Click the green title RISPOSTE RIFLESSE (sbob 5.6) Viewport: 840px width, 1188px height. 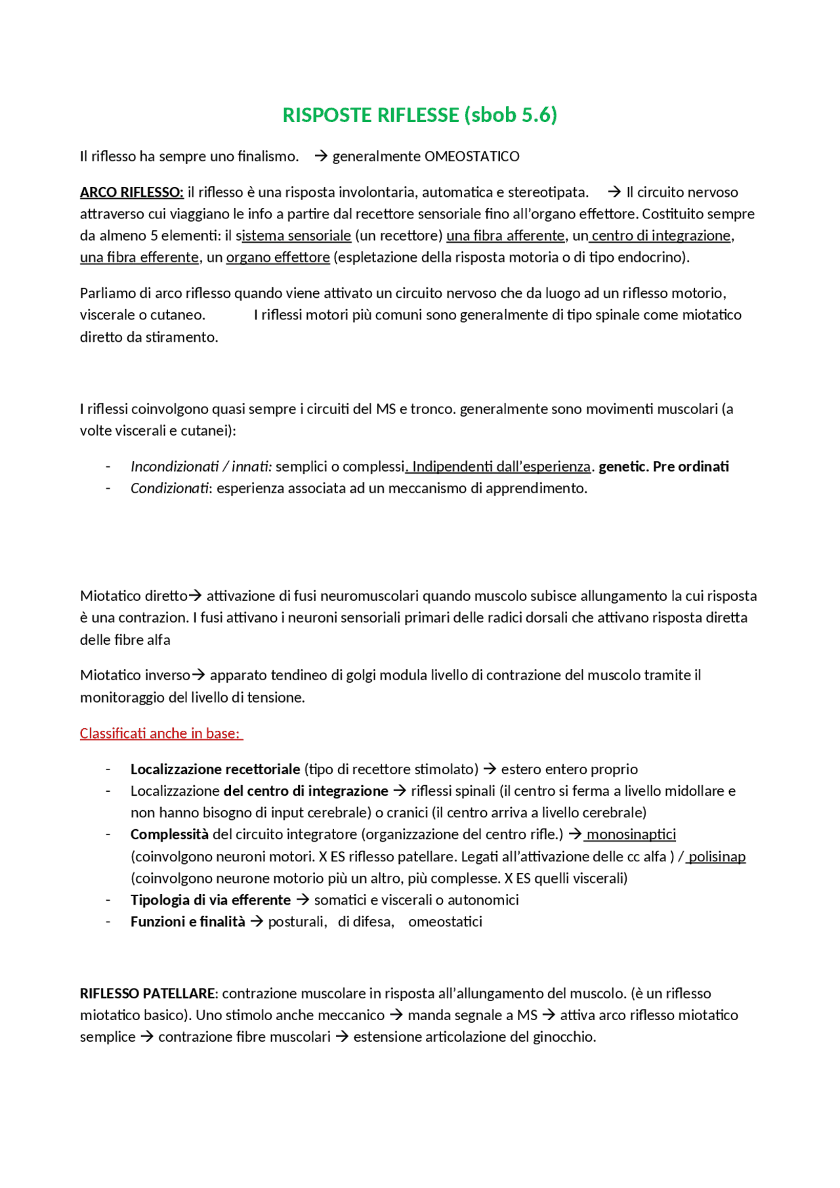[419, 115]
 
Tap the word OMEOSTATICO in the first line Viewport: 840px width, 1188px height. [472, 156]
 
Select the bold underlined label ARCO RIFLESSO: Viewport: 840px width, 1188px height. [131, 192]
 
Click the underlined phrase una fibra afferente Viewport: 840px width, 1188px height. [505, 236]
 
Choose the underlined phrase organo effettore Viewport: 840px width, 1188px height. [278, 257]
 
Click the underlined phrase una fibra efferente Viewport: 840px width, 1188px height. [139, 257]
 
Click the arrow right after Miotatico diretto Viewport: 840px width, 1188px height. [196, 596]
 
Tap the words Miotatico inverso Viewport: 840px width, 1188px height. [135, 675]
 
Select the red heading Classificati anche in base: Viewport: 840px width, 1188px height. [160, 733]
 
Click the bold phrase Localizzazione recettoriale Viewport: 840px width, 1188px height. [215, 769]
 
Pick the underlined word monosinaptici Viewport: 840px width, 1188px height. [631, 834]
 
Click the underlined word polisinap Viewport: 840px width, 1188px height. [717, 857]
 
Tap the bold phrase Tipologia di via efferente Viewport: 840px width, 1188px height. [210, 900]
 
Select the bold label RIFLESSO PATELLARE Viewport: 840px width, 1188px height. [148, 993]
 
